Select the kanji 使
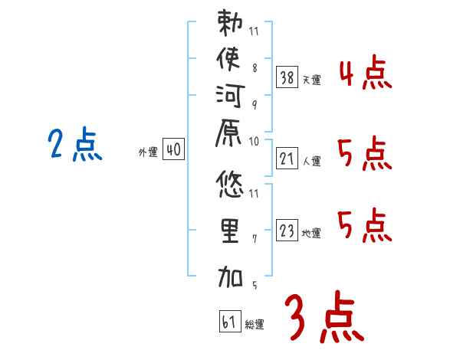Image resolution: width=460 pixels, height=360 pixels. click(230, 59)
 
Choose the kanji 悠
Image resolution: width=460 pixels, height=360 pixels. click(230, 184)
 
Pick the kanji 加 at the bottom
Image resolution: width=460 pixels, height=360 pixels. click(230, 276)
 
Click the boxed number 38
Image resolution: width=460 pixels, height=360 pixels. click(287, 77)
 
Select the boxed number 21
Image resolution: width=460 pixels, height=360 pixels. click(287, 158)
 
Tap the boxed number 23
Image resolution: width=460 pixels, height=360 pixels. click(287, 230)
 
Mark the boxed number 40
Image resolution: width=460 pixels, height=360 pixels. click(173, 150)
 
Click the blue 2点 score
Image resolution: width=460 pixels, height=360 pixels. click(74, 144)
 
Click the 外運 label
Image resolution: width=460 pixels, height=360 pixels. click(148, 153)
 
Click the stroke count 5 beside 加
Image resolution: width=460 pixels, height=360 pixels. click(254, 286)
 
